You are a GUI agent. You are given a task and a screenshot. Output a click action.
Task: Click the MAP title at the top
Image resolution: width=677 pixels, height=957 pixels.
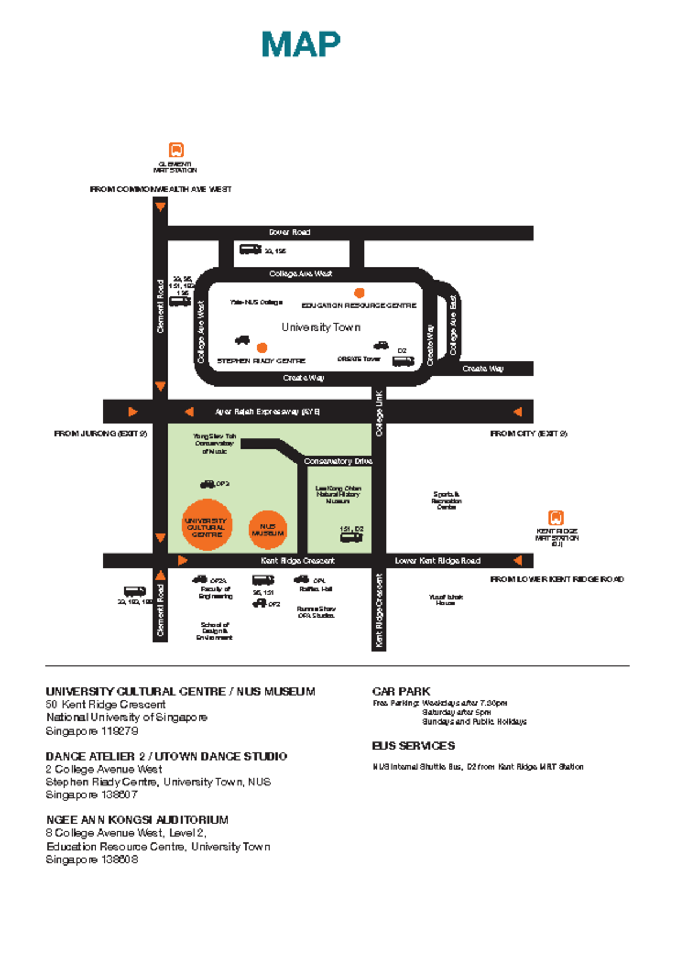coord(301,45)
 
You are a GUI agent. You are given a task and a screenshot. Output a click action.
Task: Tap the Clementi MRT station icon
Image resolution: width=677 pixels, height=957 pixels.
coord(176,150)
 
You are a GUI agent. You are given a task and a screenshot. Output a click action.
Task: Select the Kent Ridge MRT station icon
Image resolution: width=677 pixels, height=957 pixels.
coord(556,517)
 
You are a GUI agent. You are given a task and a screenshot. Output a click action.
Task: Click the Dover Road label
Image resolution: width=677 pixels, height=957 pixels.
coord(289,232)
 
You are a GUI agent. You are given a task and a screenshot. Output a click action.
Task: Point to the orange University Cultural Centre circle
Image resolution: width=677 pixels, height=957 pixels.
coord(206,525)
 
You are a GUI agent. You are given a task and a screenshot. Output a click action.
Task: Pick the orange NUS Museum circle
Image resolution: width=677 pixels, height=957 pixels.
coord(268,530)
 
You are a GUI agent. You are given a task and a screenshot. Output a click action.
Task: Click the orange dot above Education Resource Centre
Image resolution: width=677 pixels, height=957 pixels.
coord(359,293)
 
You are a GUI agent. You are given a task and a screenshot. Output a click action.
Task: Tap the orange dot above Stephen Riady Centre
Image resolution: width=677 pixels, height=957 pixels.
coord(262,348)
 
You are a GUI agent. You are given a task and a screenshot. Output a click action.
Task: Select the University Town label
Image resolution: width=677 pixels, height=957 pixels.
coord(320,327)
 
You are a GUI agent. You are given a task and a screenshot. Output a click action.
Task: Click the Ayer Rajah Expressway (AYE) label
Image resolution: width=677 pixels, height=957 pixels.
coord(267,412)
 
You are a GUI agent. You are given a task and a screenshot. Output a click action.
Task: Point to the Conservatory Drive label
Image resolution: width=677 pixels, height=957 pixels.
coord(338,461)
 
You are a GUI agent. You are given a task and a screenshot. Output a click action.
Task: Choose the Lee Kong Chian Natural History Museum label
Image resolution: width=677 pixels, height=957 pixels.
coord(338,494)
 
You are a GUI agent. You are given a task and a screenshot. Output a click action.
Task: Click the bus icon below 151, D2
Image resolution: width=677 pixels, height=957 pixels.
coord(351,538)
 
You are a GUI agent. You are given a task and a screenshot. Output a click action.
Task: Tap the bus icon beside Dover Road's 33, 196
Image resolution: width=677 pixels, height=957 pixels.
coord(250,249)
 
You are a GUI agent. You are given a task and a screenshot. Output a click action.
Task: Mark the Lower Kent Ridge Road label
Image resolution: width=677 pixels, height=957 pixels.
coord(438,561)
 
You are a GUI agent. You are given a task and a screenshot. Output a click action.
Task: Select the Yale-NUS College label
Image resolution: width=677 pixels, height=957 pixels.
coord(256,302)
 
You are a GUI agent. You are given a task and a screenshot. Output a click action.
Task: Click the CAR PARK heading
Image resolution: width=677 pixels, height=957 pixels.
coord(401,691)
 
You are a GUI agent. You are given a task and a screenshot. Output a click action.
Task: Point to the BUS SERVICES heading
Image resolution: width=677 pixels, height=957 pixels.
coord(413,746)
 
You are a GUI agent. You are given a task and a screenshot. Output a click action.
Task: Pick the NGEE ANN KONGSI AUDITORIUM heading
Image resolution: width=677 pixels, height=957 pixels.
coord(137,820)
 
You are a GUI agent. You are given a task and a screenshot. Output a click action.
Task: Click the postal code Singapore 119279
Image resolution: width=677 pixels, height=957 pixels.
coord(92,731)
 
